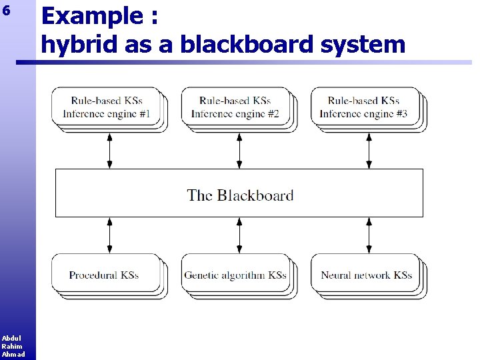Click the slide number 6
click(7, 11)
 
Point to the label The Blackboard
click(240, 195)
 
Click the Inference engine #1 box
click(107, 107)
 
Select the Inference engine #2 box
click(235, 107)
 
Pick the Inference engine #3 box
click(364, 107)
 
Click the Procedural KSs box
click(105, 275)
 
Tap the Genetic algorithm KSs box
click(235, 275)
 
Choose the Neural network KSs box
click(366, 275)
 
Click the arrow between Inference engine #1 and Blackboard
click(110, 150)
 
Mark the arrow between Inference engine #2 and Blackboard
click(239, 150)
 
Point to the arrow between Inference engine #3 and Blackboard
click(369, 150)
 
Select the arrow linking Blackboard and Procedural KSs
click(110, 235)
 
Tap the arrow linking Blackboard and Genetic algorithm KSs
click(239, 235)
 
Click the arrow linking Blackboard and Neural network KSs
click(369, 235)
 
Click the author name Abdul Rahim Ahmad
click(12, 346)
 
